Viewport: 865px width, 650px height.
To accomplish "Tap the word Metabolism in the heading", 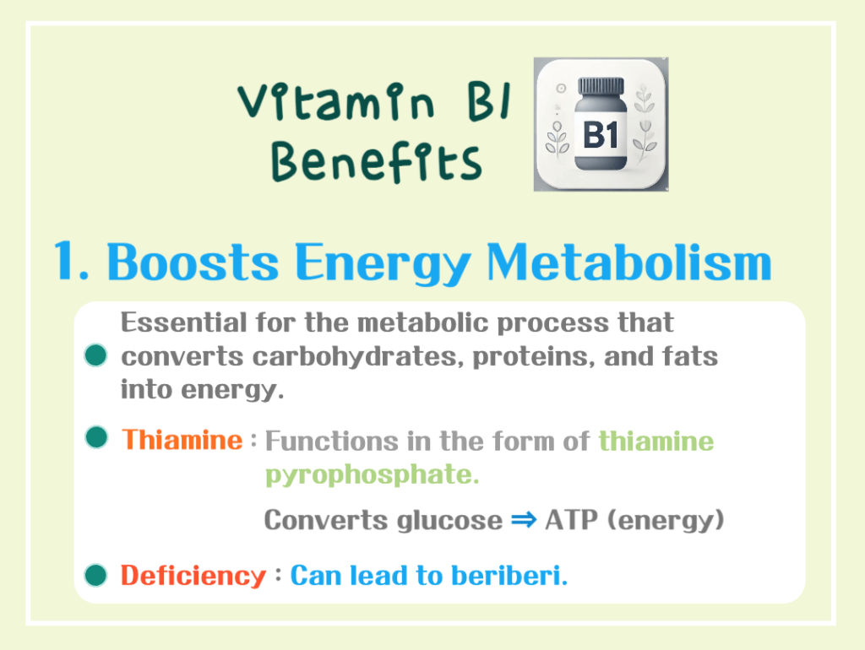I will [x=628, y=262].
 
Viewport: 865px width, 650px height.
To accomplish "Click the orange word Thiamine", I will [x=182, y=440].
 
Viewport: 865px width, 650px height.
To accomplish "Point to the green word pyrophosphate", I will [x=372, y=474].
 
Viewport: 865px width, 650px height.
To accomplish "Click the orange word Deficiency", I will [x=193, y=576].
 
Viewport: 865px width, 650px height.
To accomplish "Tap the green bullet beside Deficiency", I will [x=97, y=576].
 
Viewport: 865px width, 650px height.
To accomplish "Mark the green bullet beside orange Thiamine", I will [x=97, y=438].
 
